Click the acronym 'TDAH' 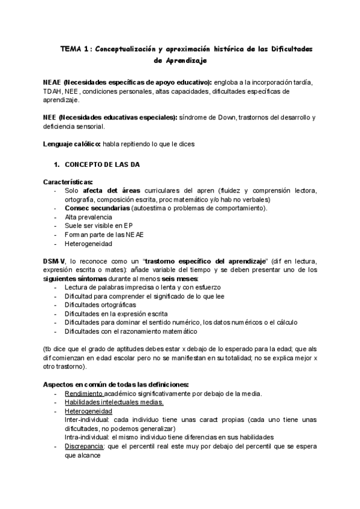[52, 91]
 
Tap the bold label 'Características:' [68, 182]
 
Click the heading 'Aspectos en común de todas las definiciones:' [116, 384]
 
